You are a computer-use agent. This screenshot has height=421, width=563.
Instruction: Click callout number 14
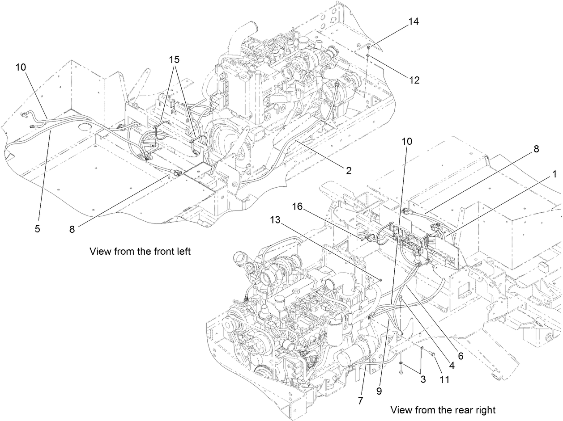pyautogui.click(x=414, y=22)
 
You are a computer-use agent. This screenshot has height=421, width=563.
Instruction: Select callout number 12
pyautogui.click(x=414, y=80)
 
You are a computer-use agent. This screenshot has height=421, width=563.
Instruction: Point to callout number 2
pyautogui.click(x=348, y=170)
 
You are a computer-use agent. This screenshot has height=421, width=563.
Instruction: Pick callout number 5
pyautogui.click(x=38, y=228)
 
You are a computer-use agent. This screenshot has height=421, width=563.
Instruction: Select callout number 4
pyautogui.click(x=451, y=364)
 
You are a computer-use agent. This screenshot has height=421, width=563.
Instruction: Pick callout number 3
pyautogui.click(x=423, y=379)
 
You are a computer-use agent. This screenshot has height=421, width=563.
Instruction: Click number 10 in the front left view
pyautogui.click(x=21, y=67)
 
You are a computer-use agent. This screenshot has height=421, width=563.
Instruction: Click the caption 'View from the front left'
pyautogui.click(x=140, y=251)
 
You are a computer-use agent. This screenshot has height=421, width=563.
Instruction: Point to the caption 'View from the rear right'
pyautogui.click(x=443, y=409)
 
